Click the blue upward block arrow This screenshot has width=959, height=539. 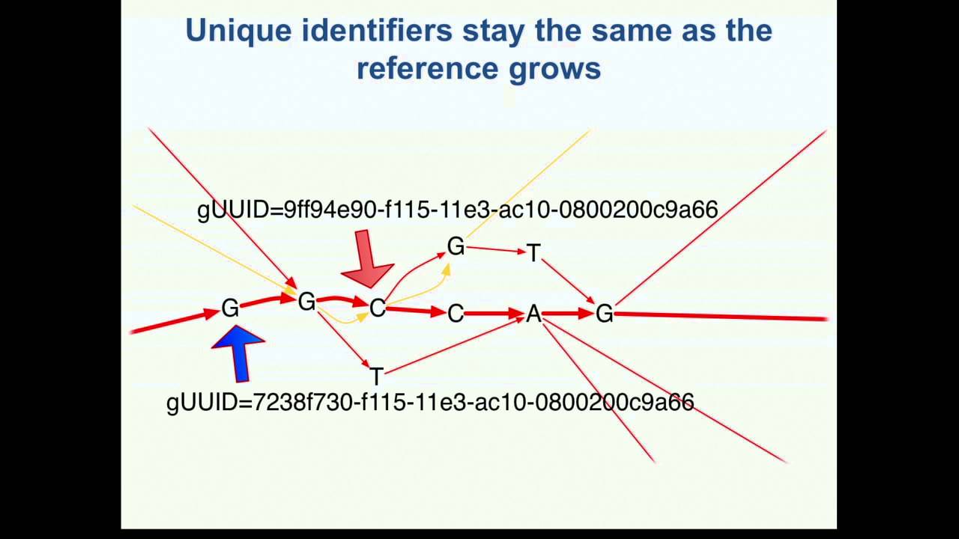[240, 353]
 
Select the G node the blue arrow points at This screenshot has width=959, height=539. [230, 308]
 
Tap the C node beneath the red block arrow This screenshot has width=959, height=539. [377, 308]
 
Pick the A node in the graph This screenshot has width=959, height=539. [533, 314]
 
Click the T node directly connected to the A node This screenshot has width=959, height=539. [376, 376]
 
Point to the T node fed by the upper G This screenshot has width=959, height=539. [533, 254]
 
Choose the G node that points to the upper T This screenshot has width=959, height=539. [456, 246]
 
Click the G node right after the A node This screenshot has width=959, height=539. [604, 314]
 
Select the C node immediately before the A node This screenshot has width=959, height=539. [456, 314]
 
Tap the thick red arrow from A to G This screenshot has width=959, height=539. [568, 314]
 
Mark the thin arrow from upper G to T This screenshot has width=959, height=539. [494, 250]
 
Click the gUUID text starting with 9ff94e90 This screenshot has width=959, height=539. [457, 210]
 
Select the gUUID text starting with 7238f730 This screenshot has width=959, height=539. [430, 402]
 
